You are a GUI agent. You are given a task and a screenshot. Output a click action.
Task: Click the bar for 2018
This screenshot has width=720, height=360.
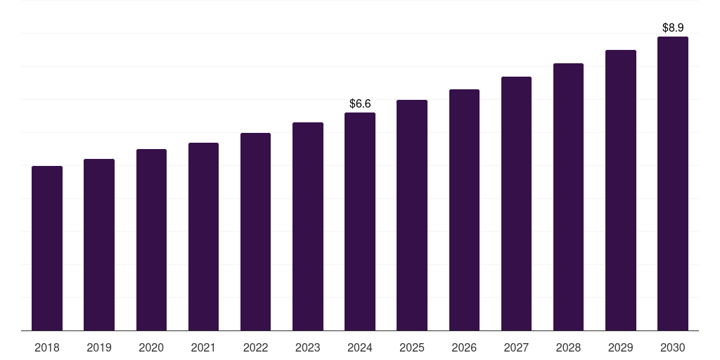[x=47, y=248]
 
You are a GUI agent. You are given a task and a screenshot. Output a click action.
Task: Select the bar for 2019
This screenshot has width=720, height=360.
[x=99, y=245]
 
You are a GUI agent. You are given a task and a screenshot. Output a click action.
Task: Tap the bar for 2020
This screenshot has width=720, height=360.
[x=151, y=240]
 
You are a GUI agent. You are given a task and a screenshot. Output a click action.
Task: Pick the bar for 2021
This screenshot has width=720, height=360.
[x=203, y=237]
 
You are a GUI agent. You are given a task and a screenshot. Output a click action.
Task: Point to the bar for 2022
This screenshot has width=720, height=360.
[x=255, y=232]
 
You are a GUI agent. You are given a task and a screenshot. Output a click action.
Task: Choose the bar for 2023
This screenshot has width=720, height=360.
[x=308, y=226]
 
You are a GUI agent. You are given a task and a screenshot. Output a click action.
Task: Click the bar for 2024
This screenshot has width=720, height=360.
[x=360, y=221]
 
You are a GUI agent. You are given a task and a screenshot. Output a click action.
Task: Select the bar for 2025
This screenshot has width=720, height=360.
[x=412, y=215]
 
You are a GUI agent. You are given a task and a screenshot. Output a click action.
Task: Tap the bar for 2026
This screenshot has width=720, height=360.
[x=464, y=210]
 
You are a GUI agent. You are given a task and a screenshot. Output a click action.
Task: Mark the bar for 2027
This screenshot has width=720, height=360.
[x=516, y=204]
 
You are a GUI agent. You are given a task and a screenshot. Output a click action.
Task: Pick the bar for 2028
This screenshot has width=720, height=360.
[x=568, y=197]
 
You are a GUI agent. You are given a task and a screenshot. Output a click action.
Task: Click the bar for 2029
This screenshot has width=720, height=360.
[x=621, y=191]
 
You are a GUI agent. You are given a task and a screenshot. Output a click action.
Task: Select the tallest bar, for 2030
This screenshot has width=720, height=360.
[x=673, y=184]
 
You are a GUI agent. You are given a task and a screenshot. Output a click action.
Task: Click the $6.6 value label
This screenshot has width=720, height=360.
[x=360, y=103]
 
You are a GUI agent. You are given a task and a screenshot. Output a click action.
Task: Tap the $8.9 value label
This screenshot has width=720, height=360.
[x=673, y=27]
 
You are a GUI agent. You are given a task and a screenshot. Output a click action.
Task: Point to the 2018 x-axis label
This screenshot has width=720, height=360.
[x=47, y=347]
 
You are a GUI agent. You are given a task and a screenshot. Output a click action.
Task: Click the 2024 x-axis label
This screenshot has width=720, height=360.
[x=360, y=347]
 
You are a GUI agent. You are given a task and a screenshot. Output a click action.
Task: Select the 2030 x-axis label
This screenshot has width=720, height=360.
[x=673, y=347]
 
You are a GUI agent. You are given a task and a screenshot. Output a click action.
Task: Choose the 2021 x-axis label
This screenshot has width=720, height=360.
[x=203, y=347]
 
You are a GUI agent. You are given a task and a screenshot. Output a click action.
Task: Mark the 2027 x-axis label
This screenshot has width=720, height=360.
[x=516, y=347]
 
